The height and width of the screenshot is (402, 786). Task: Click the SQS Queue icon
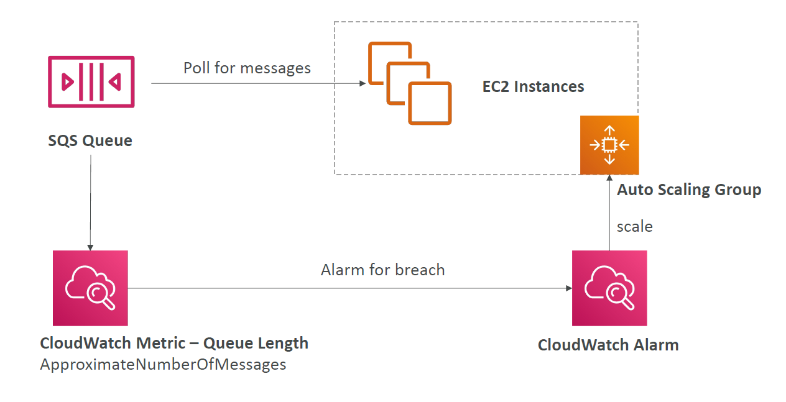91,81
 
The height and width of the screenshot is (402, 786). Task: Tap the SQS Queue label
90,141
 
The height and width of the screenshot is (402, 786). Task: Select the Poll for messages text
247,68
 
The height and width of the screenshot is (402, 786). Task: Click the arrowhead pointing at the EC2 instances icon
363,83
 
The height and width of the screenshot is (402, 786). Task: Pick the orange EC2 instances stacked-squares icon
410,83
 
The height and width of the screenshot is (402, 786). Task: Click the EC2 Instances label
533,86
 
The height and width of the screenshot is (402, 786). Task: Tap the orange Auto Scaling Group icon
609,145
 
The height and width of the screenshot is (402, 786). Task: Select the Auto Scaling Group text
689,190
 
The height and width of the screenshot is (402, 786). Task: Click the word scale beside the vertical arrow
635,227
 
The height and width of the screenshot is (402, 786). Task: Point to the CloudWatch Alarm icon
609,288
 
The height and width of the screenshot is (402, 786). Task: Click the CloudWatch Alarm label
608,345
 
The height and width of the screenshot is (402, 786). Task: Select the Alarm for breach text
383,270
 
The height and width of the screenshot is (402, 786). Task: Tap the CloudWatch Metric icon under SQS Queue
90,288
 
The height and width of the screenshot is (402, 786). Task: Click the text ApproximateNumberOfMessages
163,365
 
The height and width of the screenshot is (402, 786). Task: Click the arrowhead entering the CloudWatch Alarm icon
569,288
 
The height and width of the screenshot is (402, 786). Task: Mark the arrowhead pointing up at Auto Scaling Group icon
609,178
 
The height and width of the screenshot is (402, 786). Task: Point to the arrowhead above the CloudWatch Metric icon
90,247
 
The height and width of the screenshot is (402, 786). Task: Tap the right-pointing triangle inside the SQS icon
67,81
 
